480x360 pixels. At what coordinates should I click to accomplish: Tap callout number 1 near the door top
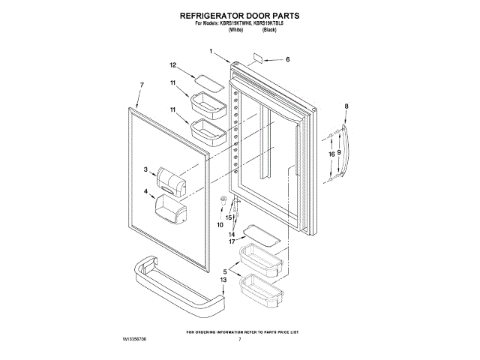pyautogui.click(x=211, y=52)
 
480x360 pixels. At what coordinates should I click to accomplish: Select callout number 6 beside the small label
pyautogui.click(x=286, y=59)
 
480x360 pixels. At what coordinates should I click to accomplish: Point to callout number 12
pyautogui.click(x=172, y=64)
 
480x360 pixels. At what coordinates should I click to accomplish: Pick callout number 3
pyautogui.click(x=146, y=170)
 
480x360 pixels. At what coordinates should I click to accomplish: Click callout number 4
pyautogui.click(x=145, y=191)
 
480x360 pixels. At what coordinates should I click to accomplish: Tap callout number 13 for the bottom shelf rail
pyautogui.click(x=223, y=280)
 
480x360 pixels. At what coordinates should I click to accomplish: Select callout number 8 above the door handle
pyautogui.click(x=346, y=106)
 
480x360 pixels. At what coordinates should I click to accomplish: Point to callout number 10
pyautogui.click(x=220, y=224)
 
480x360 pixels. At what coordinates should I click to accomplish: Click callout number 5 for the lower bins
pyautogui.click(x=225, y=271)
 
